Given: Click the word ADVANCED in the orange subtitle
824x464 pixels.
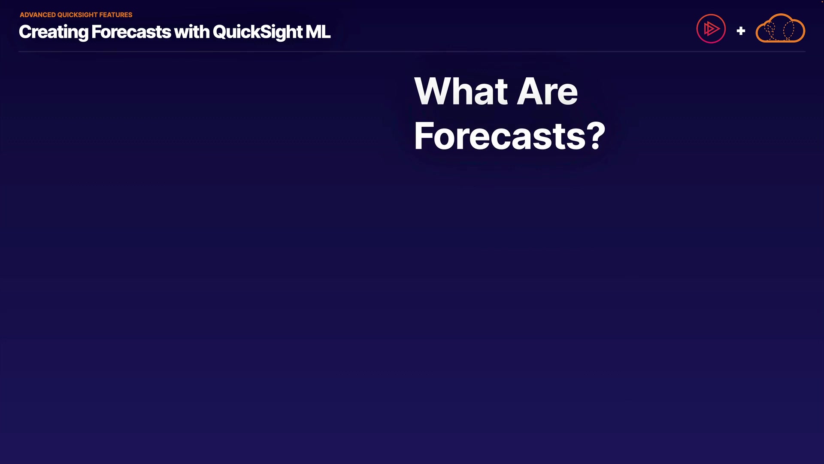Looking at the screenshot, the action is point(38,15).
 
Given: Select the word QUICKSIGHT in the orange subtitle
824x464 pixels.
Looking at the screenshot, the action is point(78,15).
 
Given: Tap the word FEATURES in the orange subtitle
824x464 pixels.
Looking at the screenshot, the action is point(116,15).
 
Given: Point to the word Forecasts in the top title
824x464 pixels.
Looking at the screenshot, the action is point(131,32).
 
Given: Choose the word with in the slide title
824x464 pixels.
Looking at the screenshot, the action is point(192,32).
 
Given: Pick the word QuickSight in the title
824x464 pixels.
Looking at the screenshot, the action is point(258,32).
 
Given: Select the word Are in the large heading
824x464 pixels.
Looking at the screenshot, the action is point(548,91).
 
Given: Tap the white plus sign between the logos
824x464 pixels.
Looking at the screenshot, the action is point(741,31).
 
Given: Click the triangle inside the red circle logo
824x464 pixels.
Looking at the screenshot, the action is point(712,29).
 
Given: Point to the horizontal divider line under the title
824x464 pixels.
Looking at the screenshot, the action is point(412,52).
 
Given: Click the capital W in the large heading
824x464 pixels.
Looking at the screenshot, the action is point(434,91).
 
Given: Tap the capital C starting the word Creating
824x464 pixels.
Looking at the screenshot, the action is point(25,32).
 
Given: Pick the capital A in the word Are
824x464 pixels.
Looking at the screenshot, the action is point(531,91).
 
